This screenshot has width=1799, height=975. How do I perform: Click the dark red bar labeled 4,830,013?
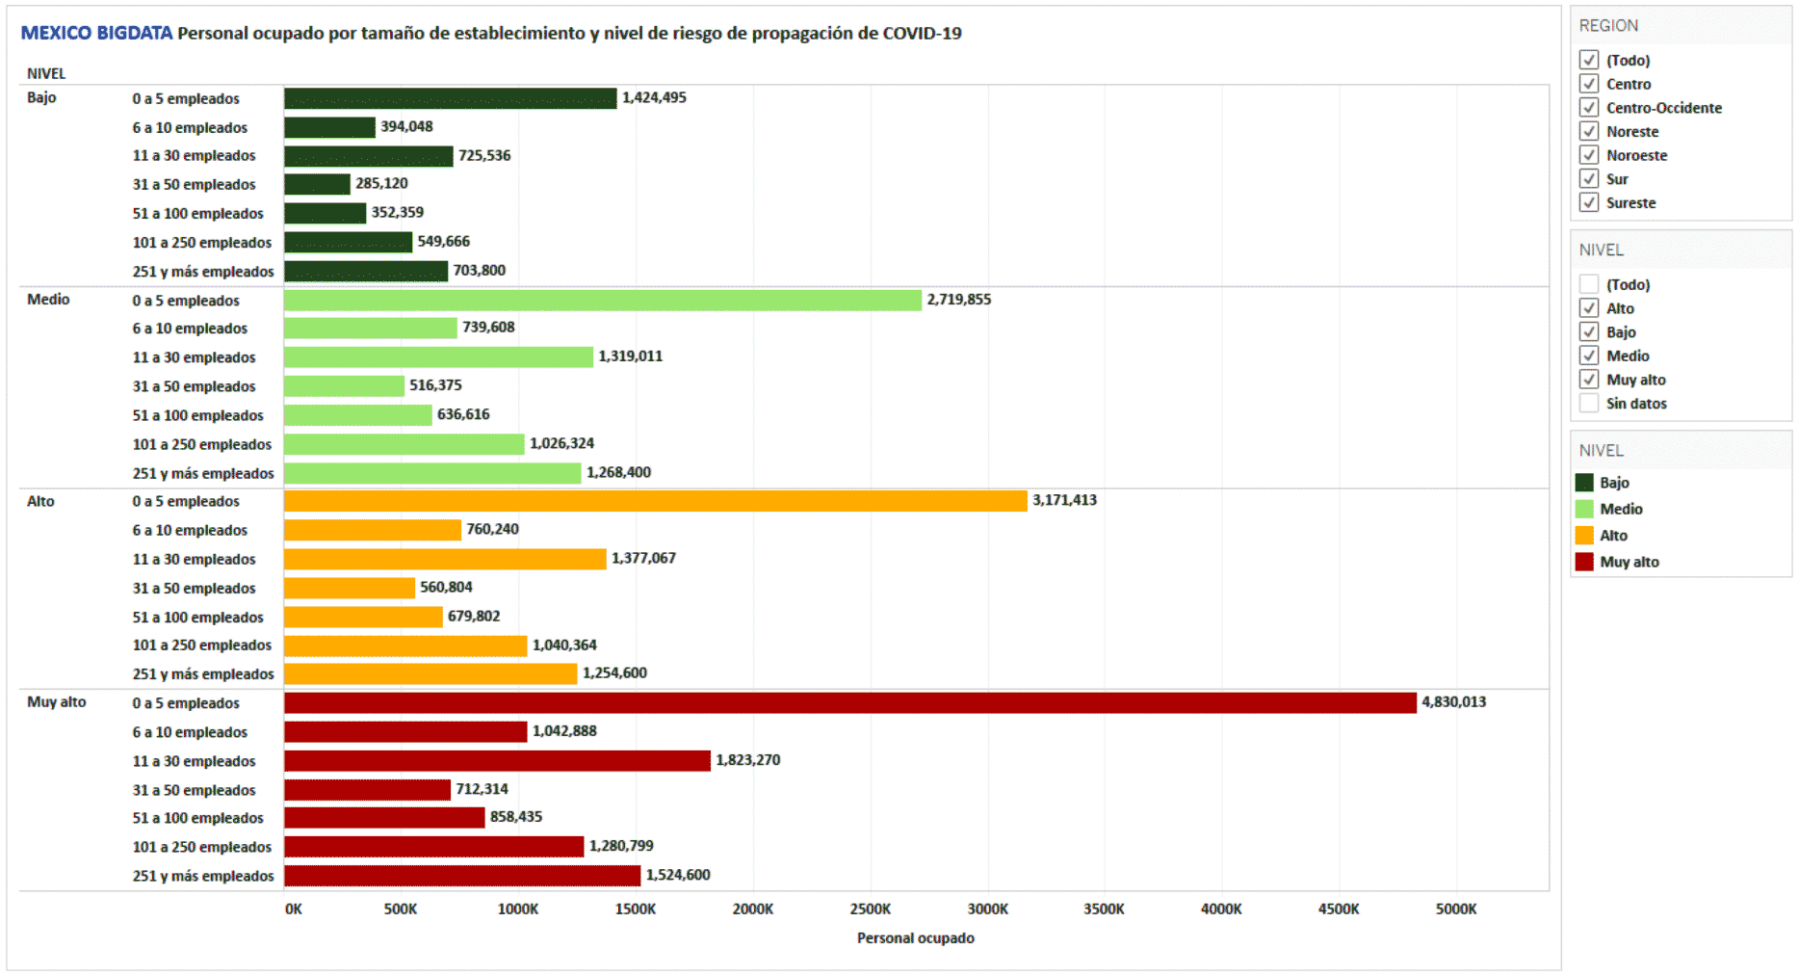pyautogui.click(x=849, y=703)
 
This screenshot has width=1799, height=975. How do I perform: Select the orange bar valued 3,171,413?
pyautogui.click(x=655, y=501)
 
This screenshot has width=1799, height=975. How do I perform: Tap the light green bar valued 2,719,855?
pyautogui.click(x=602, y=301)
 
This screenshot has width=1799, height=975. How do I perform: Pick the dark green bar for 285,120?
pyautogui.click(x=317, y=184)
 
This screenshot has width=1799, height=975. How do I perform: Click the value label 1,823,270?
pyautogui.click(x=747, y=760)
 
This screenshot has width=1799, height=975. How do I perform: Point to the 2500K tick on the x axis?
pyautogui.click(x=870, y=909)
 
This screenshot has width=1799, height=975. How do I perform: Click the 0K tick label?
pyautogui.click(x=293, y=909)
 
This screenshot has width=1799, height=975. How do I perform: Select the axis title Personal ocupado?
pyautogui.click(x=915, y=938)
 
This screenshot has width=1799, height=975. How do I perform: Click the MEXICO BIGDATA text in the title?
pyautogui.click(x=96, y=34)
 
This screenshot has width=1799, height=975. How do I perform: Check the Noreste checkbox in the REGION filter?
pyautogui.click(x=1589, y=131)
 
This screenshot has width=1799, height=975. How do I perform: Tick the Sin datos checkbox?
pyautogui.click(x=1589, y=404)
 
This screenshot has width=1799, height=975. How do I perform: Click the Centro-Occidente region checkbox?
pyautogui.click(x=1589, y=107)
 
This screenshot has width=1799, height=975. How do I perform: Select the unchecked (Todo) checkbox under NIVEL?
pyautogui.click(x=1589, y=284)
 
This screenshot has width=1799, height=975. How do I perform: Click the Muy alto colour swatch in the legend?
pyautogui.click(x=1584, y=562)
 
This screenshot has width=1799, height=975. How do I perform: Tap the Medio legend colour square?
pyautogui.click(x=1584, y=509)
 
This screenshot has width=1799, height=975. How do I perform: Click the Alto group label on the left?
pyautogui.click(x=40, y=501)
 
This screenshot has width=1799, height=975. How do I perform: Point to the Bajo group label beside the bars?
pyautogui.click(x=41, y=97)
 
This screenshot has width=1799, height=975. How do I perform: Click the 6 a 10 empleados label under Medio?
pyautogui.click(x=190, y=329)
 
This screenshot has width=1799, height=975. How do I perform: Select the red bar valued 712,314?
pyautogui.click(x=367, y=790)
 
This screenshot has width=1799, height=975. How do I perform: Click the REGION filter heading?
pyautogui.click(x=1608, y=26)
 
